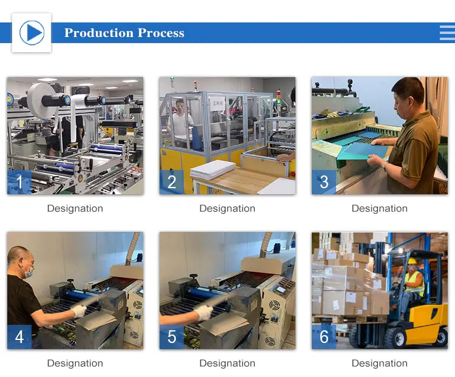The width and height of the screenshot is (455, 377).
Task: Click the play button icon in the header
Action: pos(32,33)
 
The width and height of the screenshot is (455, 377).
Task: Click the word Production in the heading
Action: pos(99,33)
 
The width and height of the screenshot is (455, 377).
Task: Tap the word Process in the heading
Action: pos(161,33)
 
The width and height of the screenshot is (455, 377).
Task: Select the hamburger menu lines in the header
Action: pos(447,33)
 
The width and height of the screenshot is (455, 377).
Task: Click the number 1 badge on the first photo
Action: pos(19,182)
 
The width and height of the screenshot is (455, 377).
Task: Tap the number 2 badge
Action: pos(172,182)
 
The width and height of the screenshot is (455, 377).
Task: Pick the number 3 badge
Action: pos(324,182)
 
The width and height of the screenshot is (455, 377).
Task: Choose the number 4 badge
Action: pos(19,336)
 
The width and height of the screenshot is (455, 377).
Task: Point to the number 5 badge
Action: pos(172,336)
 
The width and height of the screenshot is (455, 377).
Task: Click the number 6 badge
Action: pos(324,336)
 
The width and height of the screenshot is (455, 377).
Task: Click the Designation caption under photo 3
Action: pos(380,208)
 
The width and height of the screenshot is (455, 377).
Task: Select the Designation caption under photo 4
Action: pos(75,363)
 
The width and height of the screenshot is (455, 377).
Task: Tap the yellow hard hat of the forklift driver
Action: pos(413,261)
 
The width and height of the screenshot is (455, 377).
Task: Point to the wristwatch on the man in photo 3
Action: pos(384,166)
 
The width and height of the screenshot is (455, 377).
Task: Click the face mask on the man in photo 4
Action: pos(29,272)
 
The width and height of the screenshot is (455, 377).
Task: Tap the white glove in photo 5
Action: pos(204,312)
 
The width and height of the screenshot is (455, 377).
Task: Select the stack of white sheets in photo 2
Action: pos(213,169)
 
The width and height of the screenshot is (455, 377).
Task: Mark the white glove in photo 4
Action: pos(79,311)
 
